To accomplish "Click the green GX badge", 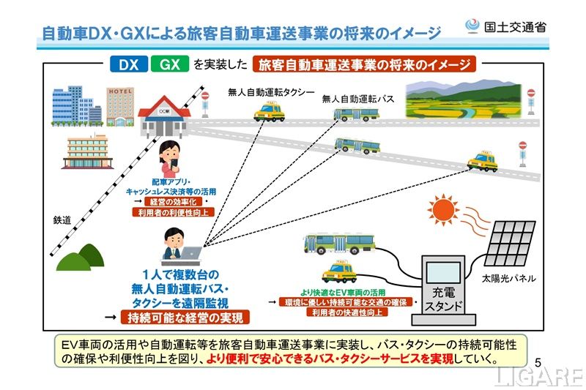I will point(169,64).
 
